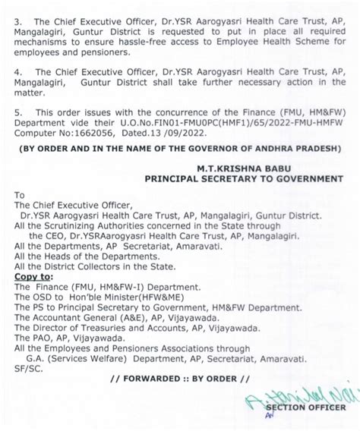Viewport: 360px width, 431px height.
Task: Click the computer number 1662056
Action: pos(96,138)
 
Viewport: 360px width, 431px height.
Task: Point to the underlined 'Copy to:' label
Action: pos(36,281)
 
